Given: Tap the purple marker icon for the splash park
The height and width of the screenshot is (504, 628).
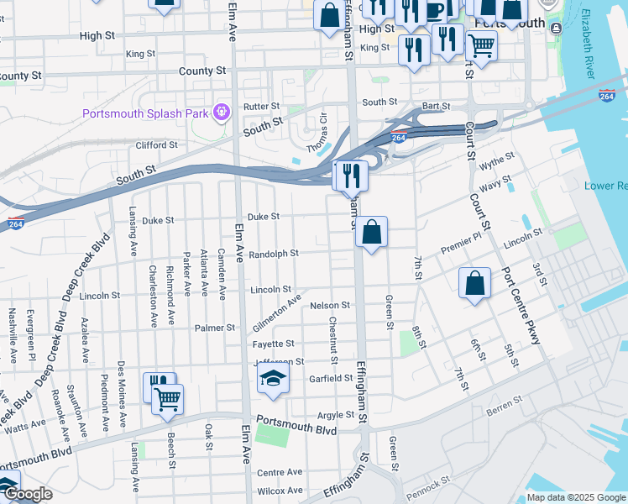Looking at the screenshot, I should (222, 110).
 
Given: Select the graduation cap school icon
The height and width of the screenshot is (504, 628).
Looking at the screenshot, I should (273, 380).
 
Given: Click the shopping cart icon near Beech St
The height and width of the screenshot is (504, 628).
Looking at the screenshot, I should (168, 399).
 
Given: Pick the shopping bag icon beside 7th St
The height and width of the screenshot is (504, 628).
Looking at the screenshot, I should (474, 284).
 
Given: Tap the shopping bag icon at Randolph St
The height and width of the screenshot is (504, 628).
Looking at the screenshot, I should (371, 233).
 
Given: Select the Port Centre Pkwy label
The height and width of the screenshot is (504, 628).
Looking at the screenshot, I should (521, 307).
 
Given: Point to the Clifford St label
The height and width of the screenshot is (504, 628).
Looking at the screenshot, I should (157, 145).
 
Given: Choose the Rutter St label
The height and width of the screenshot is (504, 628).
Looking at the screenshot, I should (261, 107).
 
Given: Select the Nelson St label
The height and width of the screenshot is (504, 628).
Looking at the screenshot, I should (329, 306).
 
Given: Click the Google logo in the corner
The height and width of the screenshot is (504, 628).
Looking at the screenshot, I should (28, 495).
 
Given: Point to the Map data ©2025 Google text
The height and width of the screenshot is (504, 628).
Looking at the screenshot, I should (575, 497).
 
